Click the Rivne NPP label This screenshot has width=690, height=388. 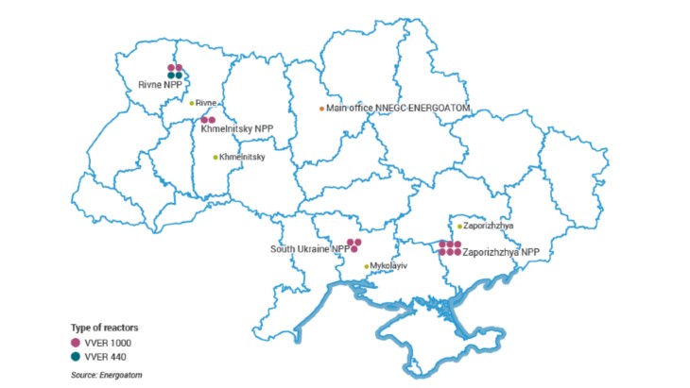[159, 84]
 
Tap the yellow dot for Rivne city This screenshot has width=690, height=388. [191, 103]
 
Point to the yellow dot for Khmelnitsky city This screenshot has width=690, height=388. [215, 157]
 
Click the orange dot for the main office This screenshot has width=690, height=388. [321, 108]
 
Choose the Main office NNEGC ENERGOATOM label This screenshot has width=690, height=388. [398, 108]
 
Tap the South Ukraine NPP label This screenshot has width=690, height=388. [307, 249]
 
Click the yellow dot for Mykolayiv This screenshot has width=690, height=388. [367, 266]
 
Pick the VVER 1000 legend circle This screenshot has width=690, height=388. [76, 341]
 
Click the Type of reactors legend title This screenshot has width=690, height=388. [104, 327]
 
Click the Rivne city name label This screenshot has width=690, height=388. [207, 103]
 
